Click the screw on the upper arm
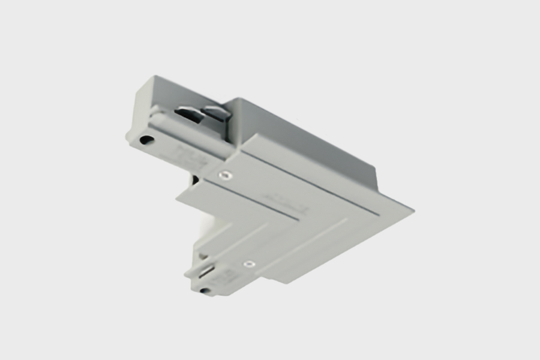(224, 175)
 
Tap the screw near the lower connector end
(248, 263)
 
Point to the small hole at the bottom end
(205, 292)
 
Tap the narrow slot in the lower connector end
(206, 272)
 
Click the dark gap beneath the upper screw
(195, 178)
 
